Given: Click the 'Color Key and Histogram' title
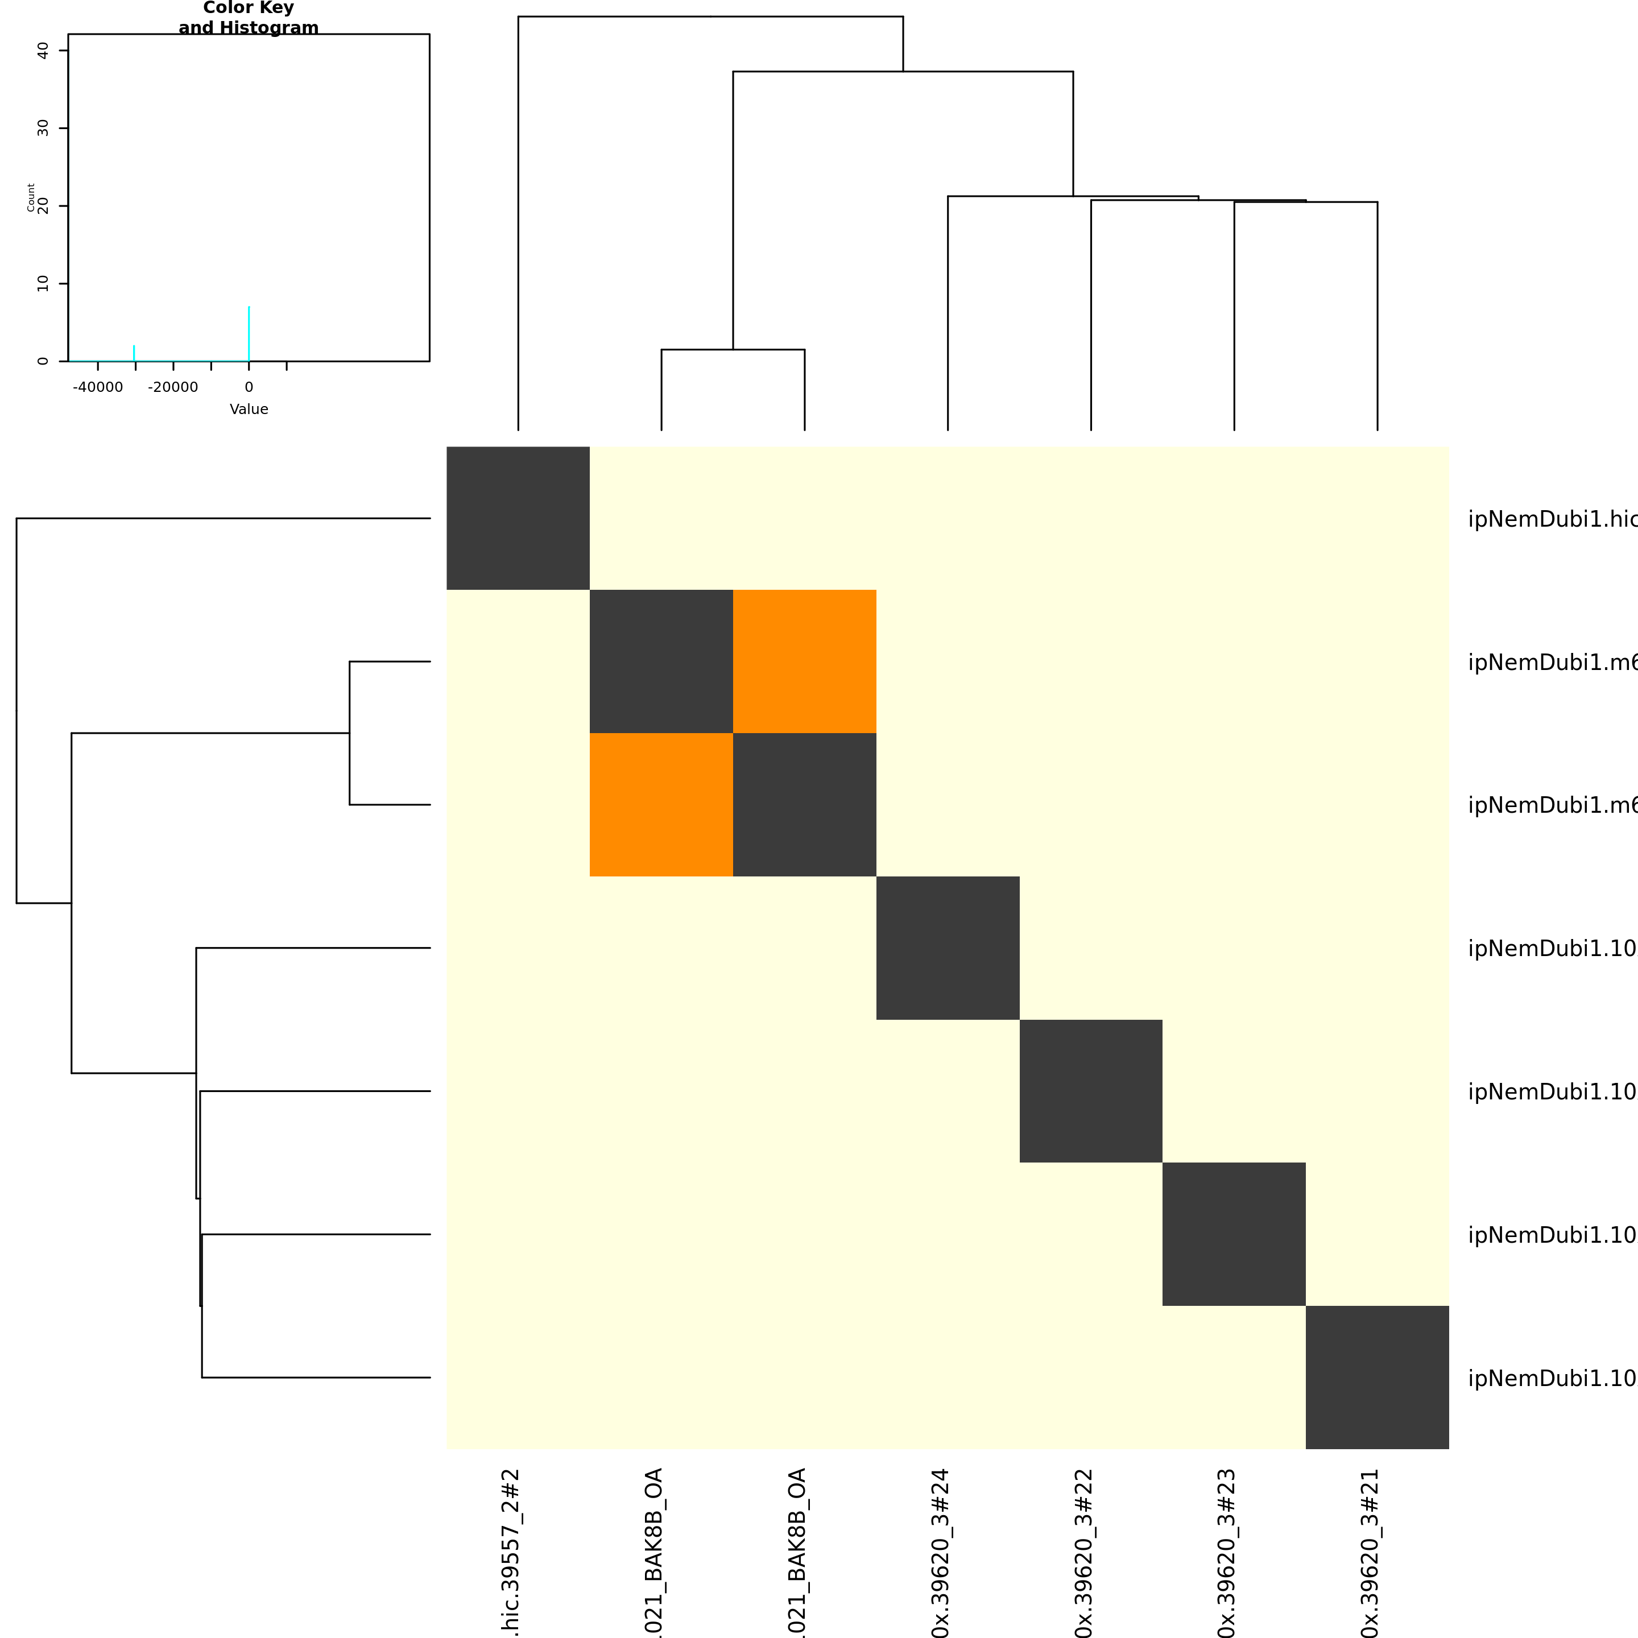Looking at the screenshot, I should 249,18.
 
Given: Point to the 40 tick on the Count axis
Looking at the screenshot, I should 43,51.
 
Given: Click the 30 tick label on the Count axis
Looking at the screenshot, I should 43,128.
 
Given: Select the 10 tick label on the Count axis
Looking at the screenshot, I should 43,283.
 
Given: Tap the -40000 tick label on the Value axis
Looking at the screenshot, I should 97,387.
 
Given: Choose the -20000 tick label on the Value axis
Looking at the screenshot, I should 173,387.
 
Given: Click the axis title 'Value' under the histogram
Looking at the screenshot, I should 249,409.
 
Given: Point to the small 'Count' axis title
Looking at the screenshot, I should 31,197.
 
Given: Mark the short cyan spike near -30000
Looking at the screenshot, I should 134,353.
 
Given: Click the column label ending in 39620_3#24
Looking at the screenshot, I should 940,1552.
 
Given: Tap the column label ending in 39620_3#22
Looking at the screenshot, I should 1083,1552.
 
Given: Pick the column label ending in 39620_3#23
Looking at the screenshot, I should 1226,1552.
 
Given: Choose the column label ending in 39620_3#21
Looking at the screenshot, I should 1369,1552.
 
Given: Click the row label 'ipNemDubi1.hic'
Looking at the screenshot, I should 1552,519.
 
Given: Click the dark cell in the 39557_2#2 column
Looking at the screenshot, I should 518,518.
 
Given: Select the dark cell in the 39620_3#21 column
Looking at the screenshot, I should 1377,1377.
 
